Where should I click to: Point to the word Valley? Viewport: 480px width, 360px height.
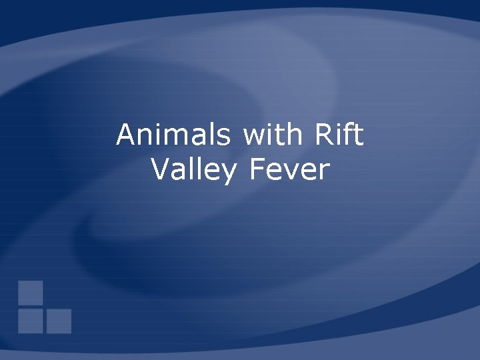click(193, 171)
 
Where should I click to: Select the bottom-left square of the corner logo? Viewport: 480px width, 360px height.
click(31, 321)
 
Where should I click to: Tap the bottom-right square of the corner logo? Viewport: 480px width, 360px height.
click(59, 321)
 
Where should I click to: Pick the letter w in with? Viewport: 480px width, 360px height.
click(253, 138)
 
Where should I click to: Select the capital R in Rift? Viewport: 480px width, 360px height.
click(321, 135)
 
